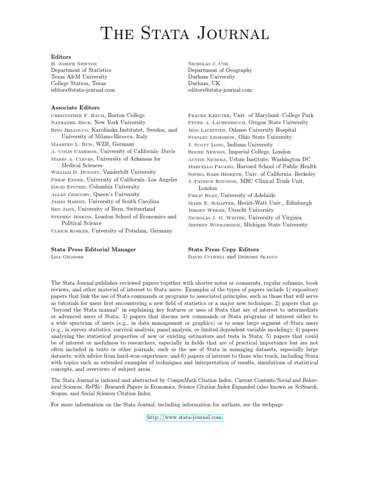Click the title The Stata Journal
tap(184, 34)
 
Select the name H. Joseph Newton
tap(74, 63)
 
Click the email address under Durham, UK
tap(220, 90)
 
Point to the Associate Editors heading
tap(75, 108)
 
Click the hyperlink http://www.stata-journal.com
tap(184, 418)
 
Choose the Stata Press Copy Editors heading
tap(223, 249)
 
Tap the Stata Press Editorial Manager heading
tap(93, 249)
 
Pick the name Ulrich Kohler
tap(70, 231)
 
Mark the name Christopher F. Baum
tap(78, 115)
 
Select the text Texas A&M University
tap(79, 77)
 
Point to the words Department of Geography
tap(220, 70)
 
